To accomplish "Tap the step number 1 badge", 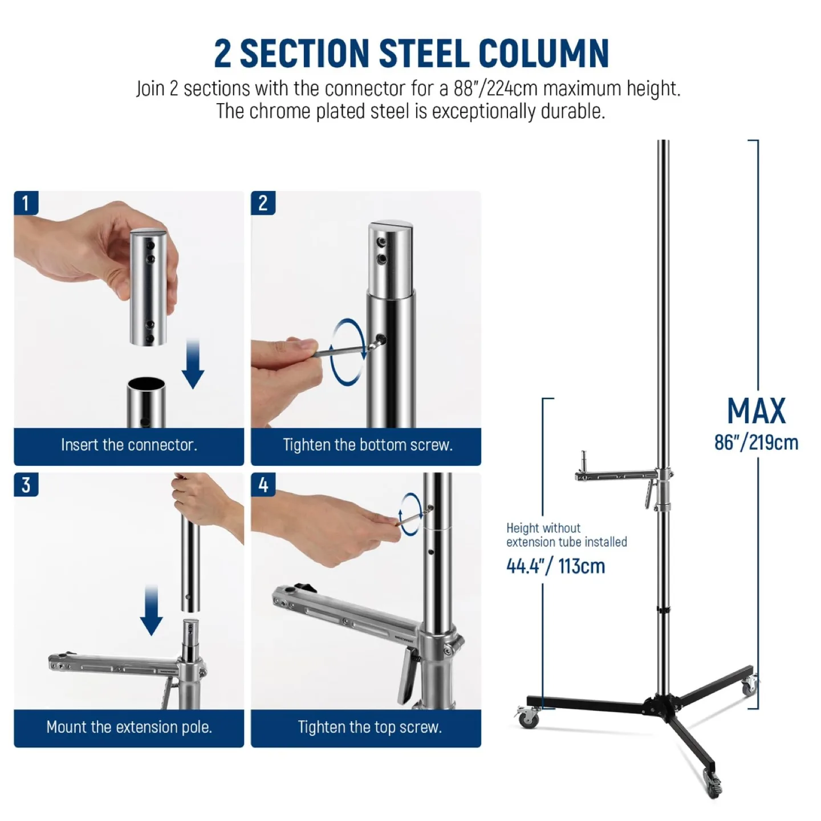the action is tap(26, 204).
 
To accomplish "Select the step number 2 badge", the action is tap(263, 204).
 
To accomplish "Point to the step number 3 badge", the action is tap(26, 485).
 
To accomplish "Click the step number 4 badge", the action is tap(263, 485).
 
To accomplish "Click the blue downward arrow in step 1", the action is tap(193, 364).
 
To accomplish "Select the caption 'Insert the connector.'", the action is tap(129, 445).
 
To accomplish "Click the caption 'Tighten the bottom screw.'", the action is tap(367, 445).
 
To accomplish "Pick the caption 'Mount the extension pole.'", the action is tap(129, 727).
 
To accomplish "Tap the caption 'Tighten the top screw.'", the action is tap(369, 727).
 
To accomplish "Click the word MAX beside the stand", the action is tap(756, 411).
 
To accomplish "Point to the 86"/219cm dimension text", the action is tap(756, 443).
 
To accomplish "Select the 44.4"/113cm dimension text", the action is tap(555, 566).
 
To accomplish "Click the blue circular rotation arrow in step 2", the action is tap(347, 352).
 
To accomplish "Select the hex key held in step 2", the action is tap(342, 350).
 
